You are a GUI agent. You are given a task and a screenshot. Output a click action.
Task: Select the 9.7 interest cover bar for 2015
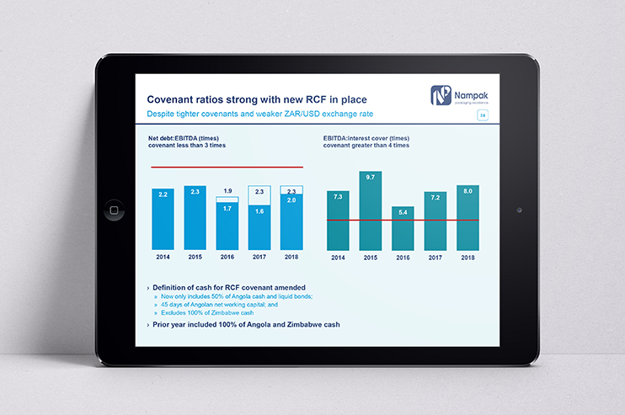point(370,210)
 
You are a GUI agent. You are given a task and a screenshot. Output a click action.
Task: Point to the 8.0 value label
point(467,191)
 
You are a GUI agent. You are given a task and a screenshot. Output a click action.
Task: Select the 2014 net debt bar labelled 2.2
point(163,219)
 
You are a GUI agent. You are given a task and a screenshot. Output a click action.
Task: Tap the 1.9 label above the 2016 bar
point(227,191)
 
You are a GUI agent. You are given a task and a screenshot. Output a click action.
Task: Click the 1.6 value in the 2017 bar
point(259,211)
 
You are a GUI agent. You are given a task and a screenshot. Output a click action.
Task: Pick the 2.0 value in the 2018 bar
point(291,200)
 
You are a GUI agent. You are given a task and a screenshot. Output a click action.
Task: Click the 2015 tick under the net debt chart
point(195,256)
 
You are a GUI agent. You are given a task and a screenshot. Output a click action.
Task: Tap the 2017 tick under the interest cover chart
point(435,256)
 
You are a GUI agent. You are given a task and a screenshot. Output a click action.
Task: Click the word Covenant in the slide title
point(174,98)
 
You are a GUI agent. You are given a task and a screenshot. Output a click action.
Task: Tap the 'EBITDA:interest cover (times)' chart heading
point(366,138)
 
